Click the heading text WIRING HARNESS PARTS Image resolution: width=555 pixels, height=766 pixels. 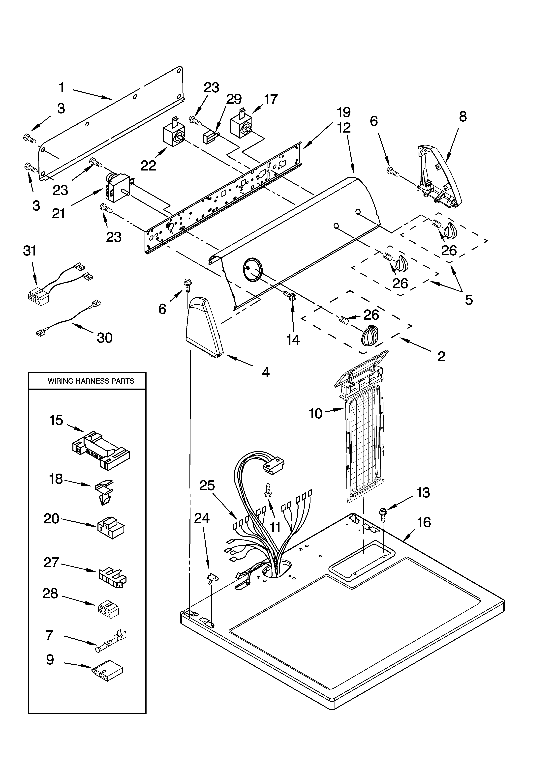(x=91, y=381)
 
